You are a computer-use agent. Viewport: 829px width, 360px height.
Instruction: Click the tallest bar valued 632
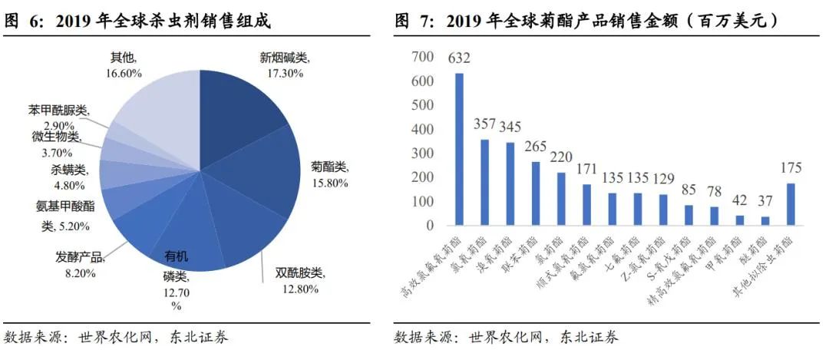pos(459,150)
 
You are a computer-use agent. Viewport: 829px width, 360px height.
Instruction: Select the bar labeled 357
pos(484,183)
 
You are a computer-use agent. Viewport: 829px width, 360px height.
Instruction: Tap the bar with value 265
pos(535,193)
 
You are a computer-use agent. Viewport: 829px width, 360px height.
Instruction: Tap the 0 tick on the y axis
pos(431,226)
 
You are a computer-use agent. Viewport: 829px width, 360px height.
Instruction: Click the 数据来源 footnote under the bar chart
pos(507,337)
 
